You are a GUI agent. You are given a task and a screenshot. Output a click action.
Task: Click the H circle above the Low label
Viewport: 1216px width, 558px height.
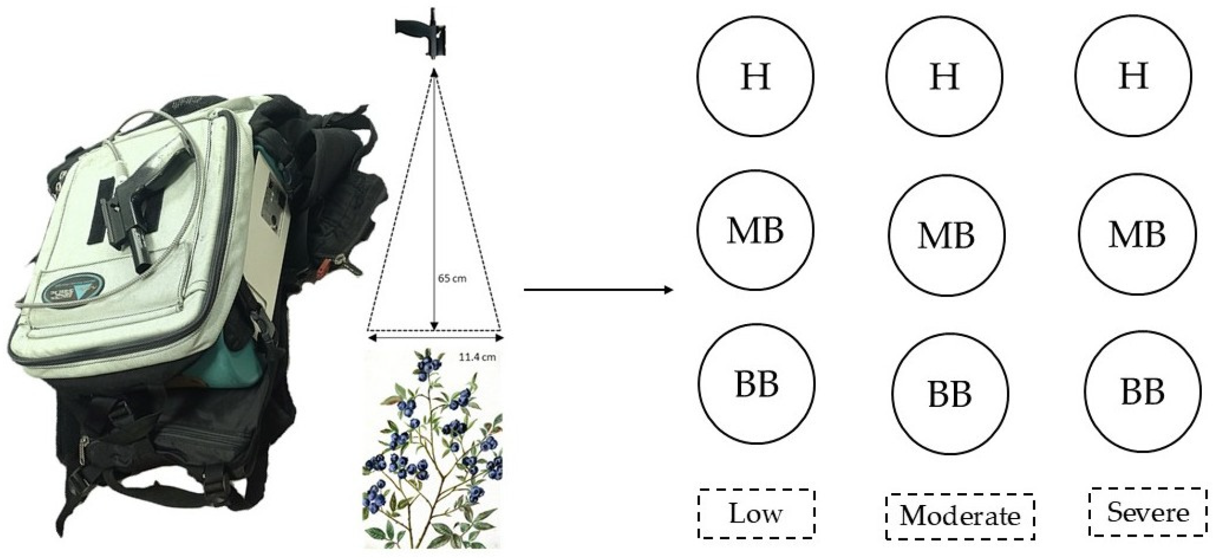tap(755, 76)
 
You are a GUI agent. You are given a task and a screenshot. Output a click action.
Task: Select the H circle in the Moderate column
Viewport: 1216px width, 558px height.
tap(944, 76)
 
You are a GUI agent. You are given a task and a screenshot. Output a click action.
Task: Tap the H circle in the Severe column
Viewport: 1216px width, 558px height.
tap(1133, 76)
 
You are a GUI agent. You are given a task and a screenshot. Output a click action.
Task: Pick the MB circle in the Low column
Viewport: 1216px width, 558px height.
tap(755, 230)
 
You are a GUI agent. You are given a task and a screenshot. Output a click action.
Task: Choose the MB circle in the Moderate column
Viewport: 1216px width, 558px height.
tap(947, 234)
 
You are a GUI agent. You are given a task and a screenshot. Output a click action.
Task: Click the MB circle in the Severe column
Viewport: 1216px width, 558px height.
tap(1137, 233)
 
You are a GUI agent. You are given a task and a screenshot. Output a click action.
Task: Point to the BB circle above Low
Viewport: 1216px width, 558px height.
tap(757, 384)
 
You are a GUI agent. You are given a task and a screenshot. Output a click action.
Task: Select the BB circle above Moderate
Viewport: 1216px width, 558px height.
tap(950, 393)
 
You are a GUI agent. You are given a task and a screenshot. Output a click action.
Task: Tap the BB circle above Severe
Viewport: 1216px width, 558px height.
tap(1143, 391)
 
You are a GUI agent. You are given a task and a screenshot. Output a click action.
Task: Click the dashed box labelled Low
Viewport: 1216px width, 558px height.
tap(757, 513)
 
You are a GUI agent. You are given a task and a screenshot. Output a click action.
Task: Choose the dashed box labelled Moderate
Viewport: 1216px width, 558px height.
tap(960, 516)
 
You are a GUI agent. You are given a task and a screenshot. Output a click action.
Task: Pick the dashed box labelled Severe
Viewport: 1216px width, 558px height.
tap(1148, 512)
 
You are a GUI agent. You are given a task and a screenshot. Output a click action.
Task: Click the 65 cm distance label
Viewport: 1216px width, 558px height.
tap(452, 278)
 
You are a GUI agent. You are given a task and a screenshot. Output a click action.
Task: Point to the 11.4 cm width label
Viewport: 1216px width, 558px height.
tap(477, 357)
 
